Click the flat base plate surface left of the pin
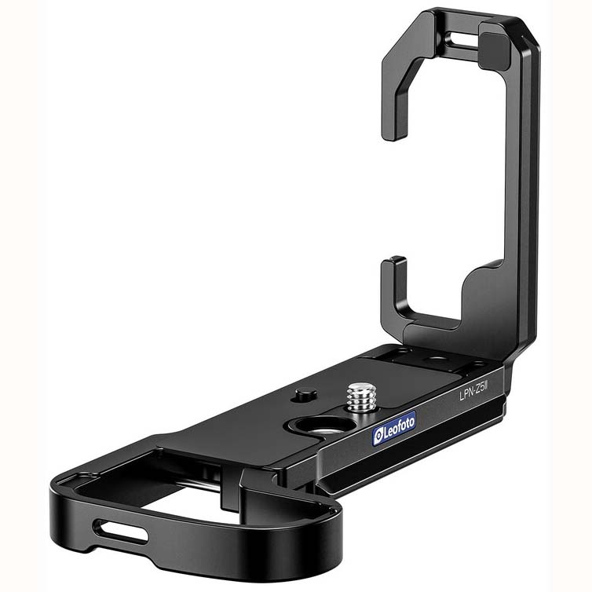click(236, 424)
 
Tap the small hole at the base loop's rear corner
click(83, 477)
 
